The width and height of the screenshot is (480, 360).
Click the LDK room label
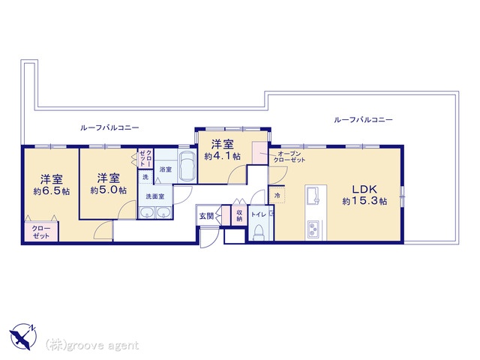364,189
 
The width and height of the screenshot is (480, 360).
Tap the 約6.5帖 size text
52,192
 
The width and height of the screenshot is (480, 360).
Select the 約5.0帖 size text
108,190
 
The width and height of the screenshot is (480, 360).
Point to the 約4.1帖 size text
223,156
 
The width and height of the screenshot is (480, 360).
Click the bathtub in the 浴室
187,166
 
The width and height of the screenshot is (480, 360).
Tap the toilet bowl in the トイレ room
259,232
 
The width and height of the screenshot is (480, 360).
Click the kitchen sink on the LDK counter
312,195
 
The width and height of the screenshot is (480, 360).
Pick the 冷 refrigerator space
277,195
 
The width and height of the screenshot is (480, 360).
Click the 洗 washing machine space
145,177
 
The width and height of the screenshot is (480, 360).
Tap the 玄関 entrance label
207,216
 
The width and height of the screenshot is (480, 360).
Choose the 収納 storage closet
239,215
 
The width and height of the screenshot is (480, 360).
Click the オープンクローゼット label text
289,157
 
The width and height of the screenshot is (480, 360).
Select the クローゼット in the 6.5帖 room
41,231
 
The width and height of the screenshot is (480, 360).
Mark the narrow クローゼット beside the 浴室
145,158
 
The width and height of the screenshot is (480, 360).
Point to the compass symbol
23,337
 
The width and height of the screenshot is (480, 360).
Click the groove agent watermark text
92,346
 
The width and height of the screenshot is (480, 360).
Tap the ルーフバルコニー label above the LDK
363,119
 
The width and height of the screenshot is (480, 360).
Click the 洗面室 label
155,196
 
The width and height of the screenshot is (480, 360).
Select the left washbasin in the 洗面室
147,213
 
